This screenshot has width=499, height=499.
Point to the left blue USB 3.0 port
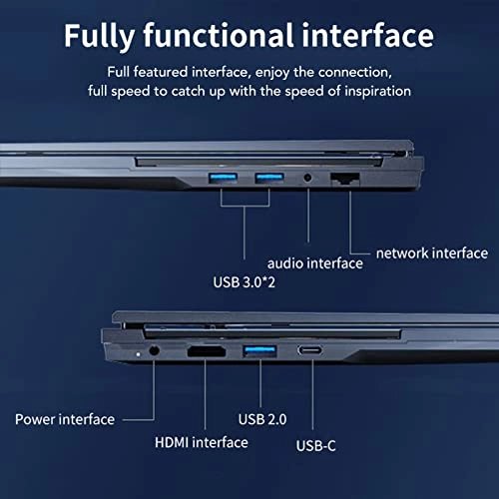(220, 179)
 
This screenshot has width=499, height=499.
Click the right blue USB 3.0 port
(265, 179)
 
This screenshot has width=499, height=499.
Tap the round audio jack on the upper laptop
(308, 179)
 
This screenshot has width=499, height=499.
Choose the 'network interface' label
(430, 253)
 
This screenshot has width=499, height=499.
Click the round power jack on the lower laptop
(154, 351)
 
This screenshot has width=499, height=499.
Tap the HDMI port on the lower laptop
(205, 352)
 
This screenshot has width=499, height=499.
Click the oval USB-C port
(311, 351)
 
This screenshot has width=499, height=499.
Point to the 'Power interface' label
(65, 419)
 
